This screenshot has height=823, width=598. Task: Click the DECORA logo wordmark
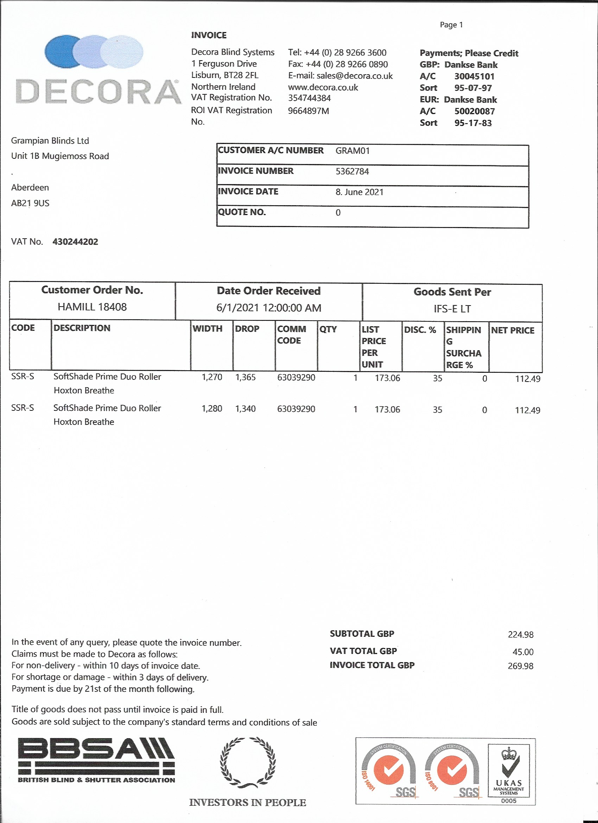click(x=98, y=92)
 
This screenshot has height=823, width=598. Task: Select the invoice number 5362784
click(x=352, y=171)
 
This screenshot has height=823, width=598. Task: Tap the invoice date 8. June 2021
click(x=360, y=192)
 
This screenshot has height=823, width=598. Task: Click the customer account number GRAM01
click(x=352, y=151)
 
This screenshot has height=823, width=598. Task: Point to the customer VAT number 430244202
click(x=75, y=242)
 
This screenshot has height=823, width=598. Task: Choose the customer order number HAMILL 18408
click(x=92, y=307)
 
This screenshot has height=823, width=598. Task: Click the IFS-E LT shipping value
click(x=452, y=309)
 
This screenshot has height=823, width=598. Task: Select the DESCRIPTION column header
click(x=82, y=328)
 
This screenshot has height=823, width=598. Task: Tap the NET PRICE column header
click(x=513, y=330)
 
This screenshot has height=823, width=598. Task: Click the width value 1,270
click(x=212, y=377)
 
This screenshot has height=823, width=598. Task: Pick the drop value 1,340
click(x=246, y=409)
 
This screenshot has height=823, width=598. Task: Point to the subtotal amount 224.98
click(x=520, y=635)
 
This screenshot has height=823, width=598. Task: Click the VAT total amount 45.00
click(x=523, y=652)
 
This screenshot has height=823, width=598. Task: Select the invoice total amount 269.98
click(x=520, y=666)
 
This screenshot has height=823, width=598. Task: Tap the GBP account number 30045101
click(x=474, y=76)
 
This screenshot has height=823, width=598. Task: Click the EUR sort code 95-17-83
click(x=473, y=123)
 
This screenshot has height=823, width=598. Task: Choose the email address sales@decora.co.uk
click(x=354, y=76)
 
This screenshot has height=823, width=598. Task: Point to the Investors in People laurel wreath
click(x=248, y=762)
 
